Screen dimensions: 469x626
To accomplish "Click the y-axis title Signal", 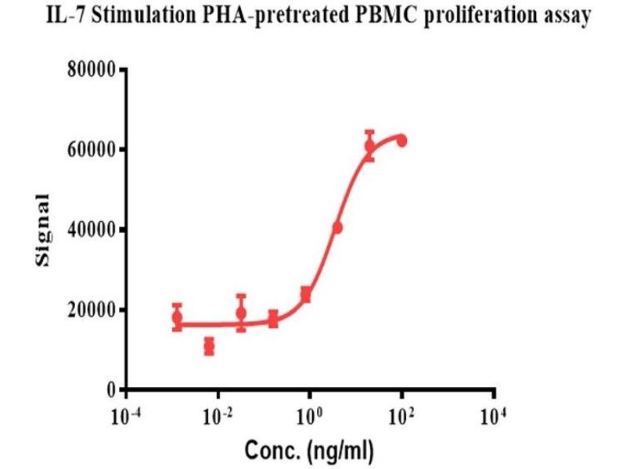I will click(x=45, y=230).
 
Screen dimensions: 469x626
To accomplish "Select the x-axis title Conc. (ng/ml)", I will click(x=311, y=449).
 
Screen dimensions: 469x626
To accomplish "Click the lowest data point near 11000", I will click(x=209, y=346).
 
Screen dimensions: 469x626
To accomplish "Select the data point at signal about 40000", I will click(x=337, y=227).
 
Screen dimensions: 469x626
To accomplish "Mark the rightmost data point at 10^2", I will click(x=401, y=141).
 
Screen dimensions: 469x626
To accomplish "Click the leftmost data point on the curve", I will click(x=177, y=317).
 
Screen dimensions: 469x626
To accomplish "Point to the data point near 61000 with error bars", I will click(x=369, y=145).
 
